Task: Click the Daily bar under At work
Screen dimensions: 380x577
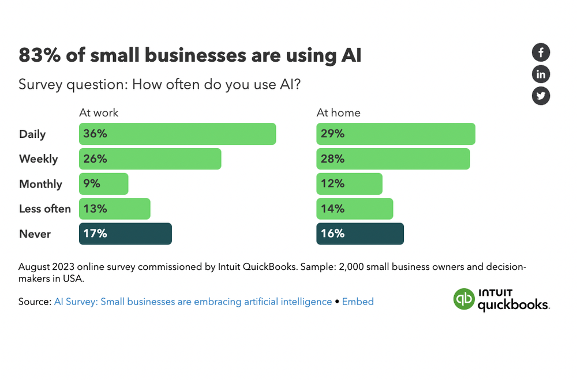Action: point(177,134)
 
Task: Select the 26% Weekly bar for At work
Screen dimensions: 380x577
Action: point(150,159)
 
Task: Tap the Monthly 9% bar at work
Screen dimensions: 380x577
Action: point(104,184)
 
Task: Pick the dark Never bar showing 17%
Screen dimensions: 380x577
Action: point(125,234)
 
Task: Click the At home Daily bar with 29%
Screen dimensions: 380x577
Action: point(396,134)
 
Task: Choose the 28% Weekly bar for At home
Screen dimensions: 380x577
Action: point(393,159)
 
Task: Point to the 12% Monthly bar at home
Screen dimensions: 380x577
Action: point(349,184)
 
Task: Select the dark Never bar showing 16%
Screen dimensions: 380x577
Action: point(360,234)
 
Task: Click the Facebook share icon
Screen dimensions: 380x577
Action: point(541,52)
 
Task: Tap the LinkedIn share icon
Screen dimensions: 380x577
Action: point(541,74)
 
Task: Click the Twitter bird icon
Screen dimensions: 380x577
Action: point(541,96)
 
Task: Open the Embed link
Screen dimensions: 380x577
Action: point(358,302)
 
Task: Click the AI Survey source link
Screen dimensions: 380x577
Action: point(193,302)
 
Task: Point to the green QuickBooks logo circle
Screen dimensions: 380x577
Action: point(463,299)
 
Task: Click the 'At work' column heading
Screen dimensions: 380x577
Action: point(99,112)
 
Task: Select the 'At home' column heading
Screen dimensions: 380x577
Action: point(338,112)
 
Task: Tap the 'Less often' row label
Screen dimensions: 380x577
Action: point(45,209)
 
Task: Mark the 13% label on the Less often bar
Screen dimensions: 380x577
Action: point(95,209)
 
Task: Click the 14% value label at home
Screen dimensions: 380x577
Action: point(332,209)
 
